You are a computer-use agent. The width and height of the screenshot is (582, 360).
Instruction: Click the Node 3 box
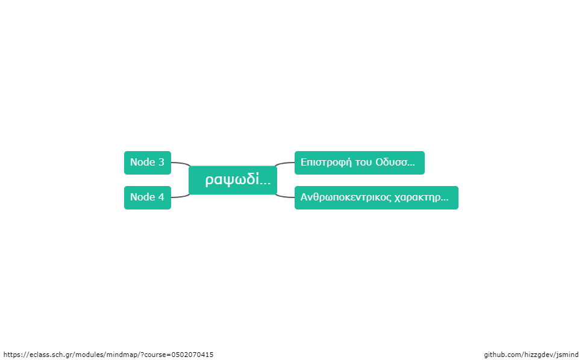tap(148, 163)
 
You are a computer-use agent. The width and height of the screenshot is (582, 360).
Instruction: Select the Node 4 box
tap(148, 197)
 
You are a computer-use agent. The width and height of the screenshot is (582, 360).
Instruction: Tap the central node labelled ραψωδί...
tap(233, 180)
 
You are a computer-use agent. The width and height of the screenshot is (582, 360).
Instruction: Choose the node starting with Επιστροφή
tap(359, 163)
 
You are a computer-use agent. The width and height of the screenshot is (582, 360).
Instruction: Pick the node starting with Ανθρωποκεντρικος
tap(377, 197)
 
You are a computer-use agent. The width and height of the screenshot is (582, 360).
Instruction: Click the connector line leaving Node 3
tap(181, 163)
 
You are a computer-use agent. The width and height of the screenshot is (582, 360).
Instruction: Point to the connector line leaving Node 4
tap(181, 196)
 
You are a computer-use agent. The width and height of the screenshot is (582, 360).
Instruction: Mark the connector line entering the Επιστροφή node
tap(285, 163)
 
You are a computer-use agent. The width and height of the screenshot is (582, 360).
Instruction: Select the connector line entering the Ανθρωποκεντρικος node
tap(285, 196)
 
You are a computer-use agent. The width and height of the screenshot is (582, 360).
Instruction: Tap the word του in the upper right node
tap(364, 163)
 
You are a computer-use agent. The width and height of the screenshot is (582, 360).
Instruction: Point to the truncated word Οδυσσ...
tap(395, 163)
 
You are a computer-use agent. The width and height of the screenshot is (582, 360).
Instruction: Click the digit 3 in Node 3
tap(161, 162)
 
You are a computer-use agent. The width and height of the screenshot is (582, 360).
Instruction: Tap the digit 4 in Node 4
tap(161, 197)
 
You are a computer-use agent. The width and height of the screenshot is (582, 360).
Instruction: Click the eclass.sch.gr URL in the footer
tap(108, 355)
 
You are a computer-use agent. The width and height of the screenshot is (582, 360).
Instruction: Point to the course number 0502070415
tap(192, 355)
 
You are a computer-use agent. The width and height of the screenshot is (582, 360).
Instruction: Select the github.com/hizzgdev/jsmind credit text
tap(531, 355)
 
